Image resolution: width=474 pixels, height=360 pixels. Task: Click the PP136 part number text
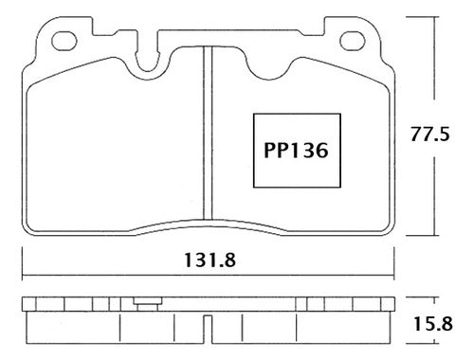tap(296, 151)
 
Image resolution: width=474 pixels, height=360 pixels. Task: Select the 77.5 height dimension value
tap(429, 134)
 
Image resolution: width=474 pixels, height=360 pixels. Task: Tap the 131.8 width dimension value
tap(210, 261)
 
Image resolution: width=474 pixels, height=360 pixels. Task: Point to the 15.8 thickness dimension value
tap(432, 324)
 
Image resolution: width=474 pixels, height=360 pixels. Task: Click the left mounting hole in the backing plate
tap(64, 41)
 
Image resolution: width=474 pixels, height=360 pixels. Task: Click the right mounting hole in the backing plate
tap(353, 41)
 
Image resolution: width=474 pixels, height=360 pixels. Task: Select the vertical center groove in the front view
tap(208, 133)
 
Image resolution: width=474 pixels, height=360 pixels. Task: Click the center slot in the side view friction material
tap(208, 329)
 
